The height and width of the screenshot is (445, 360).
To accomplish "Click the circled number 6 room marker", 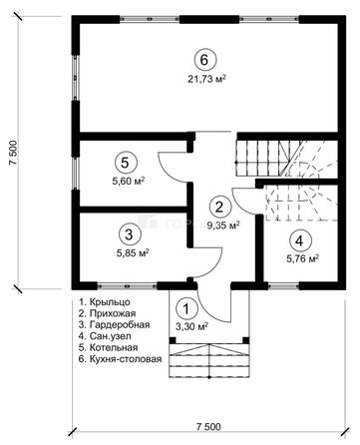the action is [205, 60].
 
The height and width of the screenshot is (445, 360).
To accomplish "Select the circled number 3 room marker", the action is [129, 234].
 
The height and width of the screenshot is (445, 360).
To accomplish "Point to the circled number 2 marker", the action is [219, 208].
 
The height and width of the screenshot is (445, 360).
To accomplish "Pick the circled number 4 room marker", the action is [299, 241].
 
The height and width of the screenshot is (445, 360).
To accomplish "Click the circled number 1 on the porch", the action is [186, 309].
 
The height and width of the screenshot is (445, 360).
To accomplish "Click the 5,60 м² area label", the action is [129, 182].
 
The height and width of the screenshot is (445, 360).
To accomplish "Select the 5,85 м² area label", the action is [133, 253].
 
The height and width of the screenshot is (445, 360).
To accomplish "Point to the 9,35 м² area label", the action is [223, 225].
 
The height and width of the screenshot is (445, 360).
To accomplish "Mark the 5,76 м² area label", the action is [303, 258].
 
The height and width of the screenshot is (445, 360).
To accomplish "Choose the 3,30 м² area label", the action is [191, 327].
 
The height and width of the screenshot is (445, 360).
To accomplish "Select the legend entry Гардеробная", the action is [120, 324].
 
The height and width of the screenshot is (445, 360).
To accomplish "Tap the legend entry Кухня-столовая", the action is [126, 359].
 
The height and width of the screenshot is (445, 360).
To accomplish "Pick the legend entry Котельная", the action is [114, 347].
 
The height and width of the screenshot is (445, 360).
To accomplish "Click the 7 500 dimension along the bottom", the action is [208, 427].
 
